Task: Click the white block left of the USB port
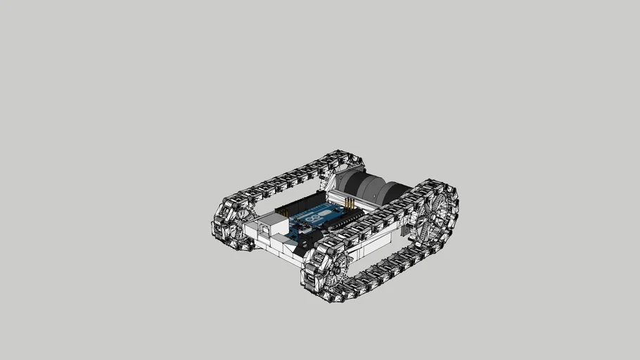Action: point(251,231)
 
